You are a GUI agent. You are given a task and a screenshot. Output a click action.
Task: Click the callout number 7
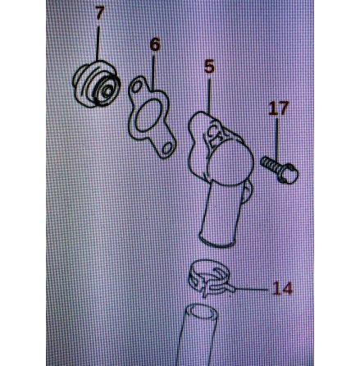coord(99,13)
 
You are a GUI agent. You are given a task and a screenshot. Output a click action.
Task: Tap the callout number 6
coord(155,44)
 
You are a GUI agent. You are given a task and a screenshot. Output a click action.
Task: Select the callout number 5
coord(209,66)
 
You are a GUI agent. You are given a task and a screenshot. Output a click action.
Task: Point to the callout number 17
coord(278,108)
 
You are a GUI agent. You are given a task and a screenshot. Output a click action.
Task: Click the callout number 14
coord(282,289)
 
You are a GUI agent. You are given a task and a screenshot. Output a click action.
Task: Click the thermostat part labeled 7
coord(96,84)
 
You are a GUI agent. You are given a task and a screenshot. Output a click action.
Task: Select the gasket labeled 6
coord(152,118)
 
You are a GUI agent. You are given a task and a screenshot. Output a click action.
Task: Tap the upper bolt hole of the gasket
coord(136,88)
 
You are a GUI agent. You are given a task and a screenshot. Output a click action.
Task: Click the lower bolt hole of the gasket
coord(167,149)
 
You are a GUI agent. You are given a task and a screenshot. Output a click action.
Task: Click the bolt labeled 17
coord(280,169)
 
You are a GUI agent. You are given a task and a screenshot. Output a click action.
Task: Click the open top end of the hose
coord(202,312)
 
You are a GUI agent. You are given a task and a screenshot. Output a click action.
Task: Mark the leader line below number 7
coord(98,43)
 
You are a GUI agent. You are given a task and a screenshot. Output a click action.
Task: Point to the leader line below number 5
coord(209,96)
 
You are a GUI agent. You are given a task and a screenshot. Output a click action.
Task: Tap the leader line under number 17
coord(277,140)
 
